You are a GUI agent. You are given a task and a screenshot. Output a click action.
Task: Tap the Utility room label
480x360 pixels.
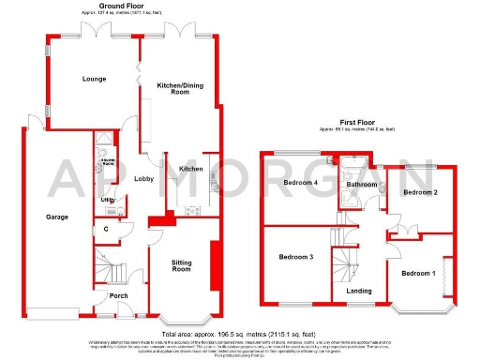tap(109, 200)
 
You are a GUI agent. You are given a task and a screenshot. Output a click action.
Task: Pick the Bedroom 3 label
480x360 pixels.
tap(295, 256)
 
